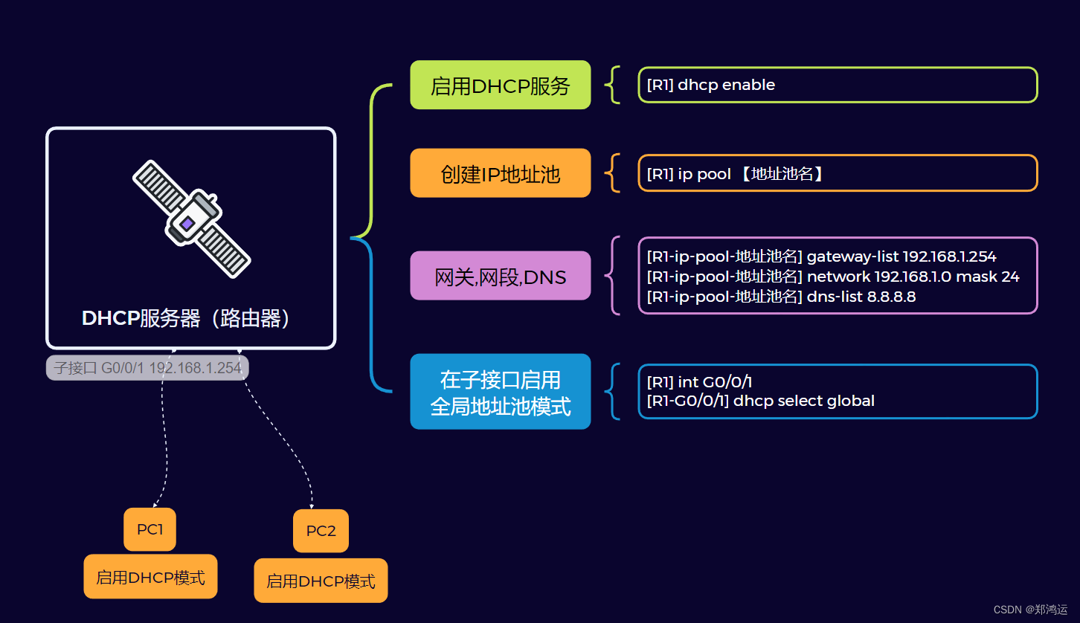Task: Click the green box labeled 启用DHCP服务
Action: coord(500,85)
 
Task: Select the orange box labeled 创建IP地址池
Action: coord(500,173)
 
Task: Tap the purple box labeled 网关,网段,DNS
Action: coord(500,277)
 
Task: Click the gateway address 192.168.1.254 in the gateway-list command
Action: coord(949,256)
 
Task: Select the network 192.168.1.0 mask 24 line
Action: coord(833,277)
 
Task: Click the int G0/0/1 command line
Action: coord(700,382)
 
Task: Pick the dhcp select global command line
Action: coord(760,401)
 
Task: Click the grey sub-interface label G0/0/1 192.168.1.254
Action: coord(147,368)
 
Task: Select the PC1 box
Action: coord(150,529)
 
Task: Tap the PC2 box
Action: coord(321,531)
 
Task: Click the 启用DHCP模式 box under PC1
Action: coord(150,577)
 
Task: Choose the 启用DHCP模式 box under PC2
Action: coord(321,581)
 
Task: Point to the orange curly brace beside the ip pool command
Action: coord(612,173)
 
